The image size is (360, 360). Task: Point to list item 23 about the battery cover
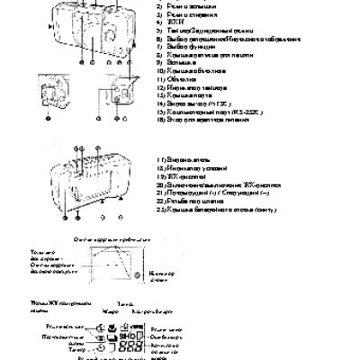coord(216,208)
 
